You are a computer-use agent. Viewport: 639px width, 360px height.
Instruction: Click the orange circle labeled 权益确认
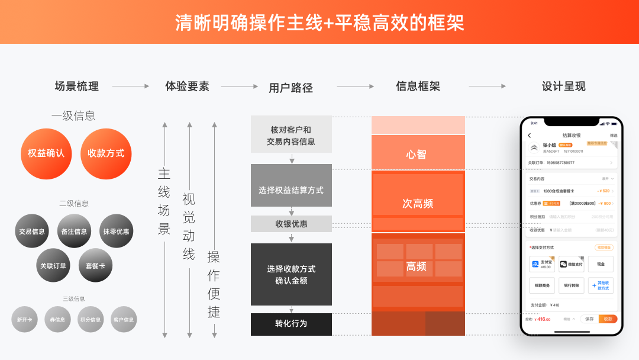(46, 153)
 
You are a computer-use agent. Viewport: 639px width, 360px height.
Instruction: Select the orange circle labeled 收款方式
(106, 153)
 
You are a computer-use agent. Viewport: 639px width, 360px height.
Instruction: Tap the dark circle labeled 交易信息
(32, 231)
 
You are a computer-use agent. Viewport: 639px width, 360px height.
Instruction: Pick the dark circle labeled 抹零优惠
(116, 231)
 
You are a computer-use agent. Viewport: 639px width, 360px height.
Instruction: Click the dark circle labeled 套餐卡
(95, 265)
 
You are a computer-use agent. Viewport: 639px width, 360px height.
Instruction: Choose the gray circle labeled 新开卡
(24, 319)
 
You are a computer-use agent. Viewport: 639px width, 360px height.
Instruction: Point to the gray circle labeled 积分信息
(91, 319)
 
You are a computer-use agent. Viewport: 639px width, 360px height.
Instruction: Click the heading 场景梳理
(77, 86)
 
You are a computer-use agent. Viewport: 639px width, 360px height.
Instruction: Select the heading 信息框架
(418, 86)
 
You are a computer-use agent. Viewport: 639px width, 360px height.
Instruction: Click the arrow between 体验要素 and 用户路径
(239, 86)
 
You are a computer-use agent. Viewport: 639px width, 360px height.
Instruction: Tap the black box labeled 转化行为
(291, 324)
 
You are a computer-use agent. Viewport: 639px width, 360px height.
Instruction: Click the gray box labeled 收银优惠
(291, 224)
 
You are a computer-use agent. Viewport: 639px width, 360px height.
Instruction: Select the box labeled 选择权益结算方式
(291, 190)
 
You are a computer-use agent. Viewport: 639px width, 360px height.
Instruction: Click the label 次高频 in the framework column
(418, 203)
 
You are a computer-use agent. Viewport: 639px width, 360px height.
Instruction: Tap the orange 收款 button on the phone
(608, 319)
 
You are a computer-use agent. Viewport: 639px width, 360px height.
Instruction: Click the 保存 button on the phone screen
(589, 319)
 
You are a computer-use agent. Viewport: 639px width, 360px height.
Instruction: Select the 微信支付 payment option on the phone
(571, 264)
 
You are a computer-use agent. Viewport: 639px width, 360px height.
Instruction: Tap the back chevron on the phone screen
(530, 136)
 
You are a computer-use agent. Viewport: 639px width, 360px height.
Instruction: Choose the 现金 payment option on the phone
(601, 264)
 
